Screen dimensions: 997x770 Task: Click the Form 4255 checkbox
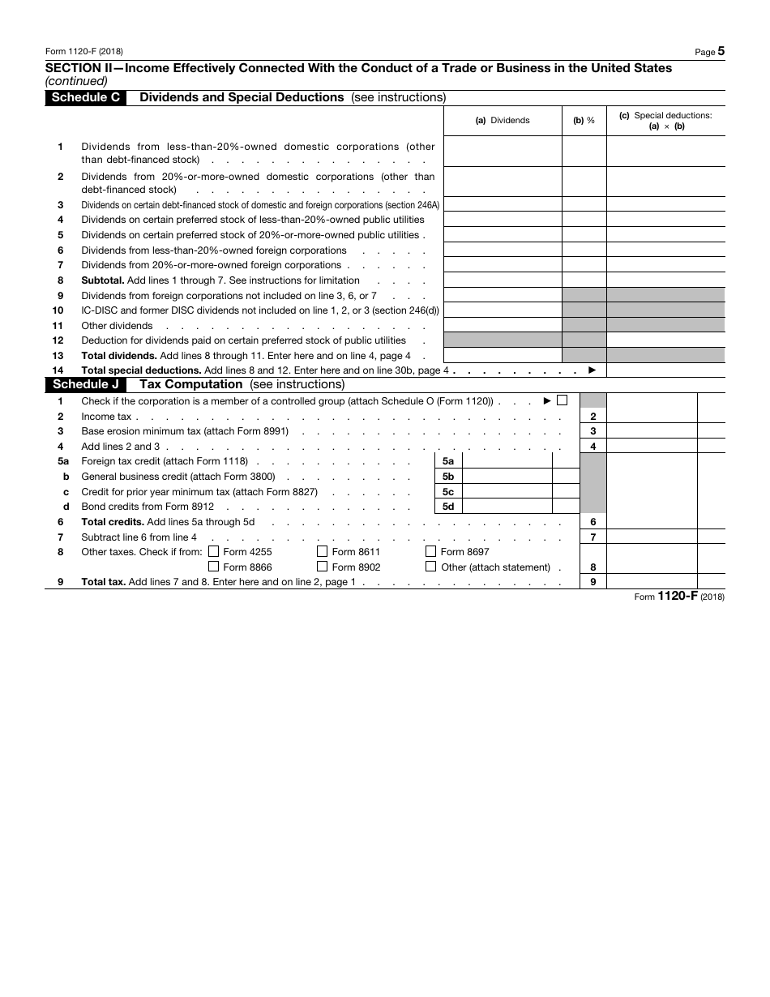[214, 552]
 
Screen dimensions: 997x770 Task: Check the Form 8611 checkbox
[323, 552]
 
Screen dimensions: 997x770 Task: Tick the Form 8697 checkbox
[431, 552]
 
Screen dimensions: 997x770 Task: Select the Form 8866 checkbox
[214, 567]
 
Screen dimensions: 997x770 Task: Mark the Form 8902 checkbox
[323, 567]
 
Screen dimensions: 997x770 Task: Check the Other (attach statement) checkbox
[431, 567]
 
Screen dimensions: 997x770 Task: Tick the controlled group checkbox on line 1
[563, 400]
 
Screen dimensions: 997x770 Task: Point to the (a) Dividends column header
[503, 120]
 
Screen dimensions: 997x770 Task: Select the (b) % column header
[584, 120]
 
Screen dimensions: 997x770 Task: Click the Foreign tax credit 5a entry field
[507, 460]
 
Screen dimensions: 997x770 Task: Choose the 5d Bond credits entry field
[507, 506]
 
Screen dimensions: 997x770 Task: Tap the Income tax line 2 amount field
[652, 416]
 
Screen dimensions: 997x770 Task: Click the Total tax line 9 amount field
[652, 581]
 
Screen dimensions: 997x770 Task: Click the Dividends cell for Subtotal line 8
[503, 280]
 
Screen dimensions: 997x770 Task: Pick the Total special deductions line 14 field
[665, 370]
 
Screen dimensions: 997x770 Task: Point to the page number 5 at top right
[721, 51]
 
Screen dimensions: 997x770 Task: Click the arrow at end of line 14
[592, 370]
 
